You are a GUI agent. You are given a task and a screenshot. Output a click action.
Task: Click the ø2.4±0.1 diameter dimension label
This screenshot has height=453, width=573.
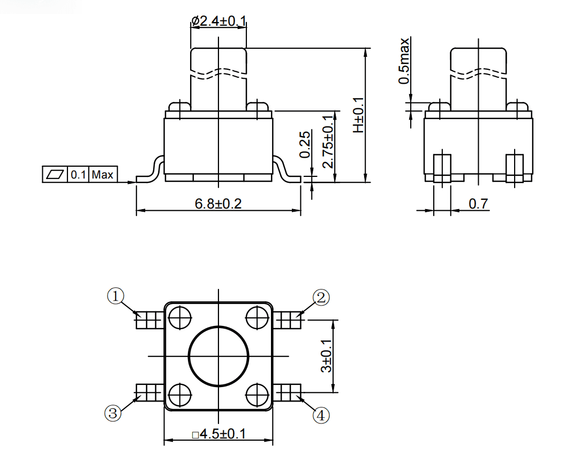point(218,21)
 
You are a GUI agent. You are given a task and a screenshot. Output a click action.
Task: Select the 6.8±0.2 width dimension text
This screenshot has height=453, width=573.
point(218,203)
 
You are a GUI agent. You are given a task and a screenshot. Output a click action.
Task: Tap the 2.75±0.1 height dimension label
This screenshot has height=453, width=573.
point(328,141)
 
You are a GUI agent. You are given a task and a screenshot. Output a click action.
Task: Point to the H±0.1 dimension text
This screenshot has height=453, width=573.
point(358,115)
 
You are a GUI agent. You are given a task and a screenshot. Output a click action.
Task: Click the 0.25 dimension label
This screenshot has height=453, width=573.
point(305,145)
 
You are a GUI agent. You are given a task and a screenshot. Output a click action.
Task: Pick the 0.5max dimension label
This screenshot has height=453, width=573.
point(404,61)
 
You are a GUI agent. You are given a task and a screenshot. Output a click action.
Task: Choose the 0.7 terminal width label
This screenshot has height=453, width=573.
point(478,203)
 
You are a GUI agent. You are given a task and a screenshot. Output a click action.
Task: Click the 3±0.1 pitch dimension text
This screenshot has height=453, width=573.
point(326,356)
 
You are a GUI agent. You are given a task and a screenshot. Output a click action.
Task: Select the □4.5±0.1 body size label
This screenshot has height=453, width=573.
point(218,434)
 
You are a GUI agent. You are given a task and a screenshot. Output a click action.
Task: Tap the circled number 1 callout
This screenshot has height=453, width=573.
point(116,296)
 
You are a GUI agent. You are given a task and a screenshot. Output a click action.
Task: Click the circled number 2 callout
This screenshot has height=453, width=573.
point(321,298)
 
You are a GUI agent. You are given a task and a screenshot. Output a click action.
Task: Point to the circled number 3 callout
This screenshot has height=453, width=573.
point(112,413)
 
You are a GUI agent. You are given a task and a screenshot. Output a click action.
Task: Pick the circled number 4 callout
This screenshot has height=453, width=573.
point(321,415)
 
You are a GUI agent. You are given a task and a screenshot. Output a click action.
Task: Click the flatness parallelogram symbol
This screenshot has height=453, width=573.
point(55,175)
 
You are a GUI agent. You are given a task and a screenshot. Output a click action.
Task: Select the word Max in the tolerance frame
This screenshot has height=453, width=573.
point(102,175)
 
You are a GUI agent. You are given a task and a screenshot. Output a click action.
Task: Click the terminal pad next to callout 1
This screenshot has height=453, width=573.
point(150,320)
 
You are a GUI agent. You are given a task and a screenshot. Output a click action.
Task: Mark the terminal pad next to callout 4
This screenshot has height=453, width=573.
point(287,392)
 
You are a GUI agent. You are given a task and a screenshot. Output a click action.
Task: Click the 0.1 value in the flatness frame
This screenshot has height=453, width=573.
point(78,175)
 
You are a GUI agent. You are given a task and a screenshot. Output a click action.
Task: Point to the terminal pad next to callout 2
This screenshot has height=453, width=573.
point(287,320)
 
